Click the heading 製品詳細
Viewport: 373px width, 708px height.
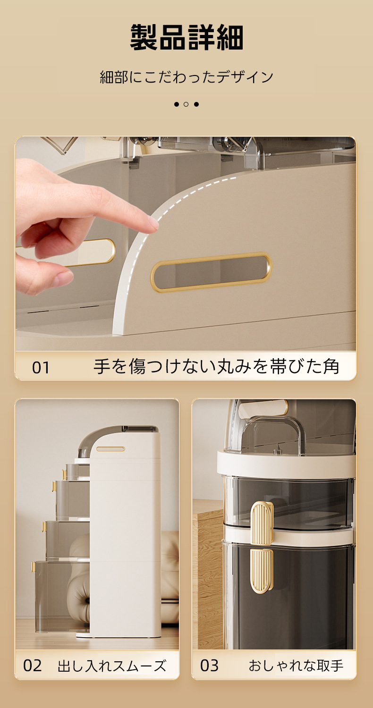[186, 37]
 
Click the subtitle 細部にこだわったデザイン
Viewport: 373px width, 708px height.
[186, 77]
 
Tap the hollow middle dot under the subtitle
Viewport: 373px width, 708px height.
[186, 104]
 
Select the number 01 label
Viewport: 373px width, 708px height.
[41, 368]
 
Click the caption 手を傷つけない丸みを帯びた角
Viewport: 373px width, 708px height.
[217, 366]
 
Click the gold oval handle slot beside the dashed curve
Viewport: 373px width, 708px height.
[211, 271]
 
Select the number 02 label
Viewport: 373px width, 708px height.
[32, 666]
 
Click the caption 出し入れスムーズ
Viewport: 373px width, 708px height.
[111, 666]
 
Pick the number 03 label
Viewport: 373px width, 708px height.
[209, 666]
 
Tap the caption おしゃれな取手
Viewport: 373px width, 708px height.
[296, 666]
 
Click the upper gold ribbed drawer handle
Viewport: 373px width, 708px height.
[262, 523]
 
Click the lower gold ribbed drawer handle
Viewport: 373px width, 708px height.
[262, 571]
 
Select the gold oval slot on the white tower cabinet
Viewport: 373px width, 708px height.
[110, 449]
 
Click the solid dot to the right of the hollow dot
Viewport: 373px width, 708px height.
[196, 104]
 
